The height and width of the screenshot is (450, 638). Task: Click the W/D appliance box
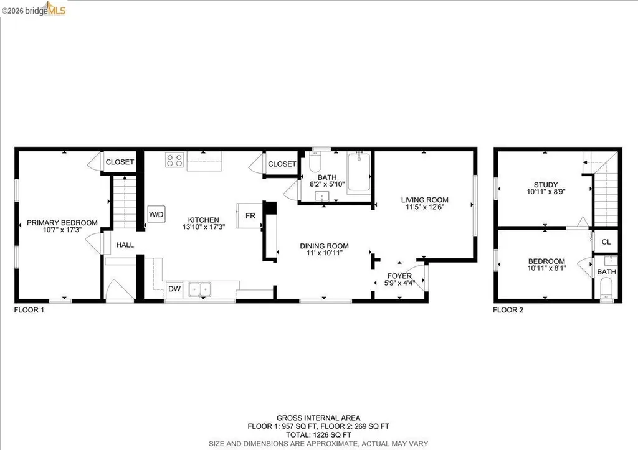[155, 215]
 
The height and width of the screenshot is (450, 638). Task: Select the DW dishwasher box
[174, 289]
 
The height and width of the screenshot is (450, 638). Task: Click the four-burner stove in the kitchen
[174, 161]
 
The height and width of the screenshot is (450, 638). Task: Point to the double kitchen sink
[201, 289]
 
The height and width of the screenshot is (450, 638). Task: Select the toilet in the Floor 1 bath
[315, 164]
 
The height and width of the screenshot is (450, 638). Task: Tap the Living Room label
[424, 200]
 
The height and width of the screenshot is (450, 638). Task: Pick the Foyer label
[399, 276]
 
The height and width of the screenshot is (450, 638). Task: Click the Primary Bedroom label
[62, 223]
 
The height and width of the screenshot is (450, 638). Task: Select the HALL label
[125, 245]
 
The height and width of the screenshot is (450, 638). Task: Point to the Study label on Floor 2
[545, 185]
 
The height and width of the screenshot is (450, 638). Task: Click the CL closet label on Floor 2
[606, 242]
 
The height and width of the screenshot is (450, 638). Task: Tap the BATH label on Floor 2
[606, 272]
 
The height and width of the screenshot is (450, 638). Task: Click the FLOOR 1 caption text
[29, 309]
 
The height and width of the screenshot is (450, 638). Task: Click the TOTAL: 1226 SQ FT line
[318, 435]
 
